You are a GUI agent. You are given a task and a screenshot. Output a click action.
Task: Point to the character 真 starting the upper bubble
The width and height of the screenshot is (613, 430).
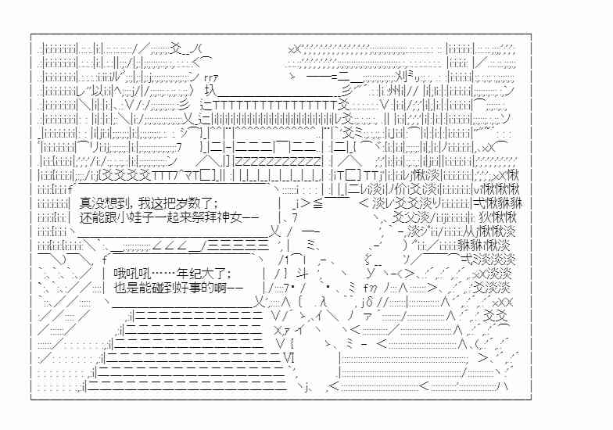[84, 203]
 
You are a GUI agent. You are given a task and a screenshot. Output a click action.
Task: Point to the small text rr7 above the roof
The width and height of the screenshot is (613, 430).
[211, 77]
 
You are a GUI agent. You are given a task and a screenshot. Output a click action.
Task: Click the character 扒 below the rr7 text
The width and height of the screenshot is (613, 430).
[210, 91]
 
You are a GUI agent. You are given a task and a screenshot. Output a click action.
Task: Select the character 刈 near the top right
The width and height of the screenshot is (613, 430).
[400, 74]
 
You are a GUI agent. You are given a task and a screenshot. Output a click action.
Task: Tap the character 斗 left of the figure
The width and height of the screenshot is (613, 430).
[303, 272]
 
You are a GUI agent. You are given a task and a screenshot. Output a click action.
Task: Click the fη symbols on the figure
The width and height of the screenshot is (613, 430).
[370, 288]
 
